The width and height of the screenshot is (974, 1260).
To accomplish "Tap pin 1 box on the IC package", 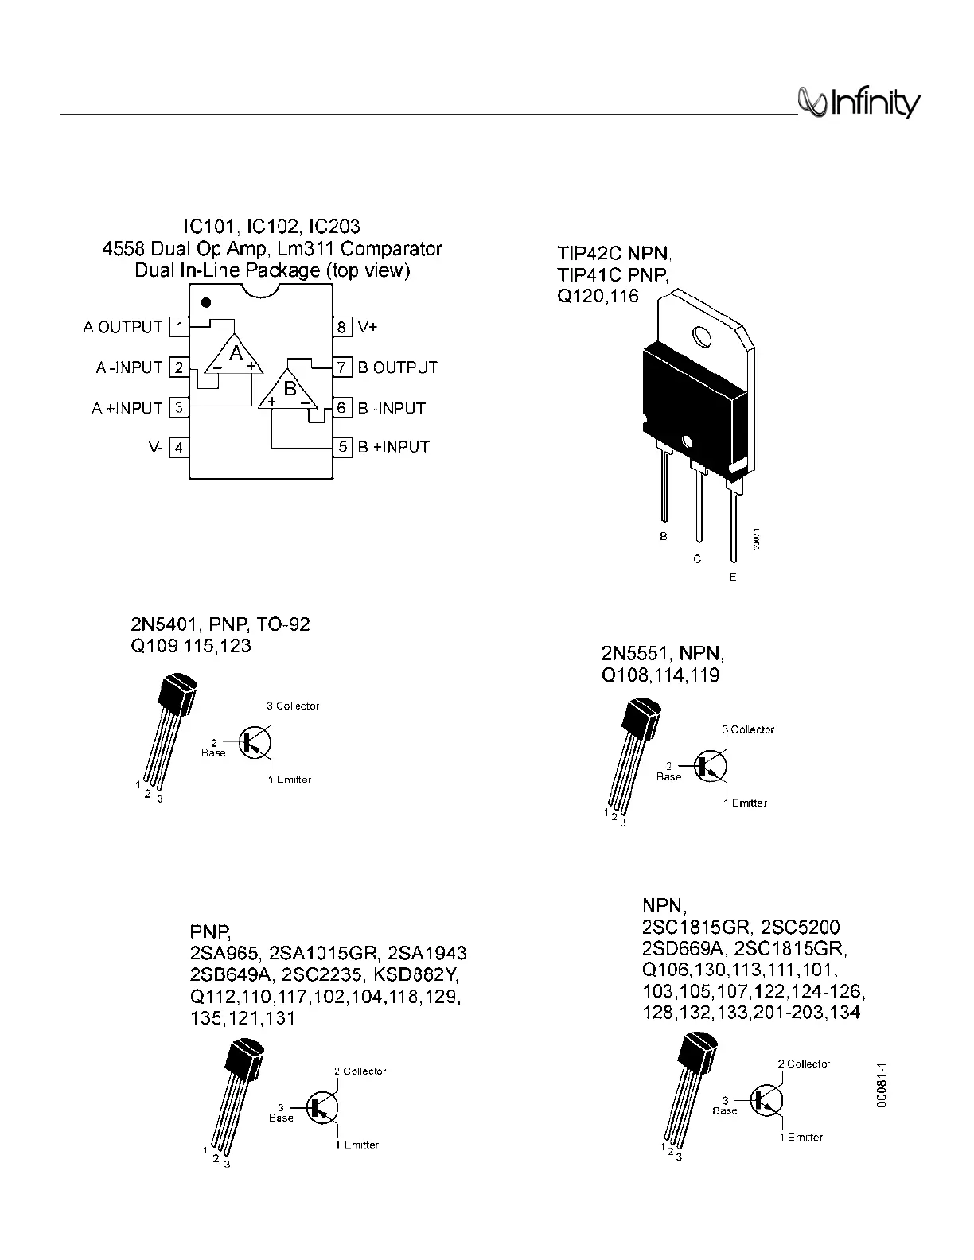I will click(x=180, y=327).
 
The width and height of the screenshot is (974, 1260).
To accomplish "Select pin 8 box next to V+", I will click(x=342, y=327).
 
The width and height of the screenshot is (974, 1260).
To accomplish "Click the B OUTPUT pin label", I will click(x=398, y=367).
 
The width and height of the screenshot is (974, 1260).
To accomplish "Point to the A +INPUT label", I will click(x=127, y=408).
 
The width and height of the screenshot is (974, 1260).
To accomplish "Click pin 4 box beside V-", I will click(x=180, y=448).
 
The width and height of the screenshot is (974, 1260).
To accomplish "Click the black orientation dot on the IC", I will click(x=206, y=303).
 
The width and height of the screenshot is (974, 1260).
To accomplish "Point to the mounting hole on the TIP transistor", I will click(x=702, y=336).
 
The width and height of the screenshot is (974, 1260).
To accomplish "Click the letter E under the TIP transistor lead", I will click(x=733, y=577).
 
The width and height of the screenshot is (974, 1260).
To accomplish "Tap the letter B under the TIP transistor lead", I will click(x=663, y=537).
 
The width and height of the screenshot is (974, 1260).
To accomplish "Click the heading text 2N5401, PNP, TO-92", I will click(x=220, y=624).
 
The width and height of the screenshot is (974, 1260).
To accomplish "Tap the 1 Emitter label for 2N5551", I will click(x=745, y=803).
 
